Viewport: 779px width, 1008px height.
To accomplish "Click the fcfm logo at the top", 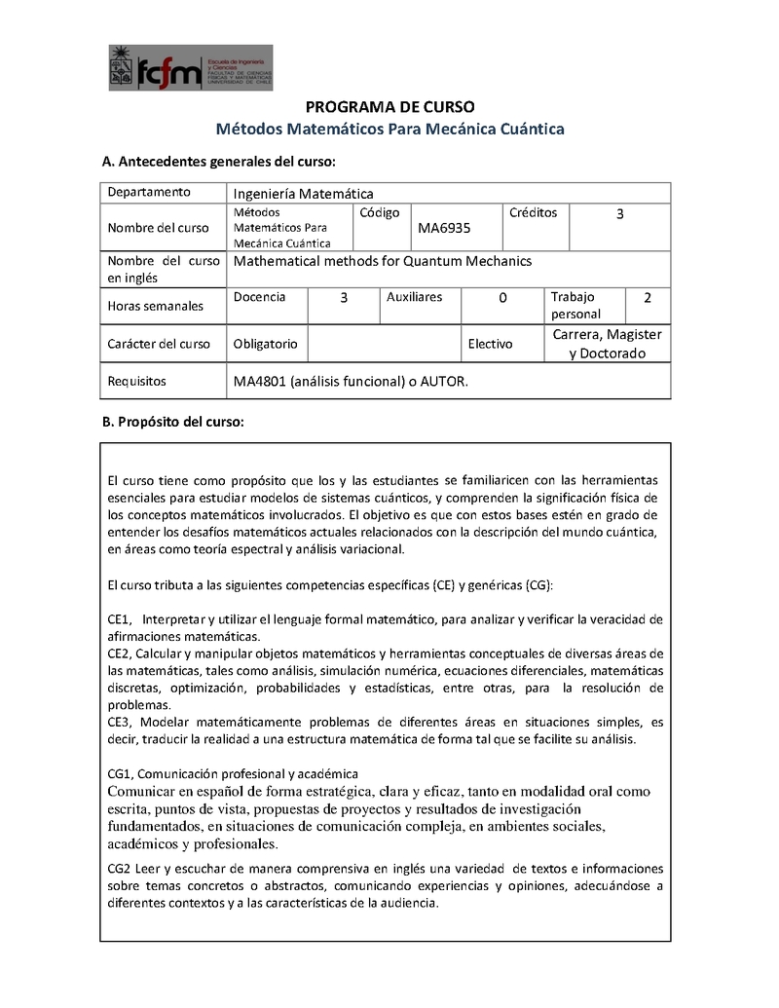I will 191,68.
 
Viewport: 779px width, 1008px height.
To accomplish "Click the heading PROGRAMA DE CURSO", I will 389,106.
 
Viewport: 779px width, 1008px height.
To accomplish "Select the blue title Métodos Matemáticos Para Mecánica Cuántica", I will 389,129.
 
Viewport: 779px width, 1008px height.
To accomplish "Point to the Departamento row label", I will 149,192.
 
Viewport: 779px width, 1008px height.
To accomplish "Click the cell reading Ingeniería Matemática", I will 304,194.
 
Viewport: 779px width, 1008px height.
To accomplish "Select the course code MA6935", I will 444,228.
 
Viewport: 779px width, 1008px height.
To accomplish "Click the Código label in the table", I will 380,212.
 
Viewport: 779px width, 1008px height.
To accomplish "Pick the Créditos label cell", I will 533,212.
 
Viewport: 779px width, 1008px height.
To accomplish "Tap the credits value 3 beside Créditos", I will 620,213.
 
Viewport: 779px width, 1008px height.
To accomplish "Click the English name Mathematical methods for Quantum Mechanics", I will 383,261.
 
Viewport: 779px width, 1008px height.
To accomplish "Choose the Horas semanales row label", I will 156,306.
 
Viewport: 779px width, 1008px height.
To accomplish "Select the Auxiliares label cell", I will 414,297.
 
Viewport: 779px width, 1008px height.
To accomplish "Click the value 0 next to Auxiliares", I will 502,298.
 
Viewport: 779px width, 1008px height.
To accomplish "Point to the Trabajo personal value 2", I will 648,297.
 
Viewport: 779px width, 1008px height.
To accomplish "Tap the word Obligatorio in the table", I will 266,344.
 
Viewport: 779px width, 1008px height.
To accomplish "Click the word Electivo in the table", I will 491,344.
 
